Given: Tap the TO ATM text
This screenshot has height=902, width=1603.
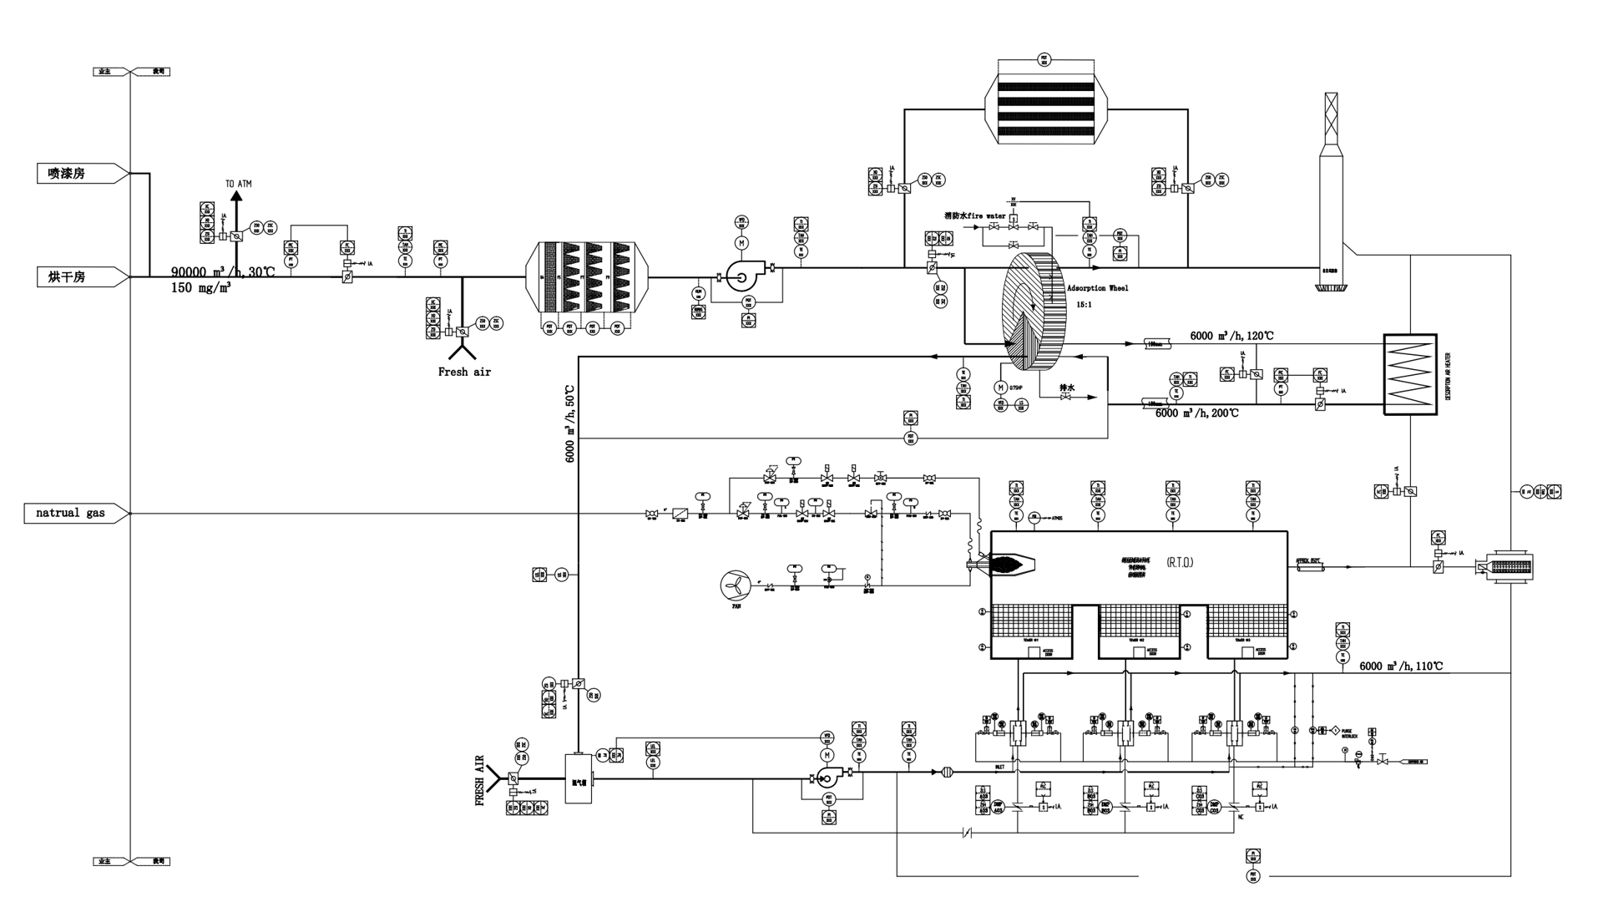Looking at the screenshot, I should tap(238, 184).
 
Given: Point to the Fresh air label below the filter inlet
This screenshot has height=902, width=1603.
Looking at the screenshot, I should tap(464, 372).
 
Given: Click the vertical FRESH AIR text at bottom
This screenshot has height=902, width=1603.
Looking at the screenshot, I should tap(480, 780).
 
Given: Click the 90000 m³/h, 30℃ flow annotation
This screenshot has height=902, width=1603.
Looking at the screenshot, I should tap(223, 272).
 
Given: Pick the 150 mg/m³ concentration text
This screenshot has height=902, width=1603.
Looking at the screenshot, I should tap(201, 287).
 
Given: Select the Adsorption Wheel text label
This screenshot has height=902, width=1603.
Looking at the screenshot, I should tap(1097, 288).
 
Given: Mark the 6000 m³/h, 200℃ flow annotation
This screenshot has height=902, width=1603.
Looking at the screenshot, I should tap(1196, 413).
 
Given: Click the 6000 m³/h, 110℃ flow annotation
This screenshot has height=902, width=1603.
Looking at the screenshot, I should tap(1400, 666).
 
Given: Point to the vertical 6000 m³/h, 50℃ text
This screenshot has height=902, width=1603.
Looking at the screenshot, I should tap(570, 423).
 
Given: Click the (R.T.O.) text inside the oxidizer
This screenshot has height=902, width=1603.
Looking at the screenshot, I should tap(1180, 562).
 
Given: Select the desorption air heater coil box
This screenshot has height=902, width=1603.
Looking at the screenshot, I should tap(1409, 374).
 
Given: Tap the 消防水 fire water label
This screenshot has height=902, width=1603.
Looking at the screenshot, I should tap(974, 215).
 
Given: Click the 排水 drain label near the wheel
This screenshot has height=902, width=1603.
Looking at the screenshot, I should tap(1066, 388).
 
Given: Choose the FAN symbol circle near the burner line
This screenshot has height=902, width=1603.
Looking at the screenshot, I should tap(736, 584).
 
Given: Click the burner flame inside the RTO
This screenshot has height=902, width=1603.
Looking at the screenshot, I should tap(1012, 564).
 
